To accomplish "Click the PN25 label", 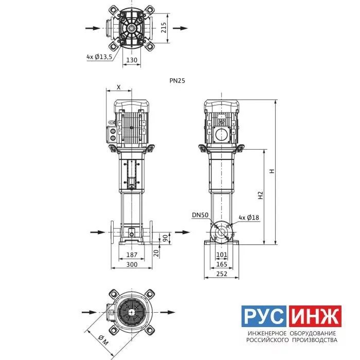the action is (177, 81).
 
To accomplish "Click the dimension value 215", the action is (164, 28).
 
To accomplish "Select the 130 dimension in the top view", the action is (132, 60).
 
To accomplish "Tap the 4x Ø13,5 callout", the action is (99, 57).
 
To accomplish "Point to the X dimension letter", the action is (119, 87).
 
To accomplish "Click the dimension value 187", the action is (132, 255).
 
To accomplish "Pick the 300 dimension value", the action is (132, 264).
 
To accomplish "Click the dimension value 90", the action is (165, 238).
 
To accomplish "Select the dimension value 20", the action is (156, 253).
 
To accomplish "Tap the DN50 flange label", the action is (200, 215).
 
